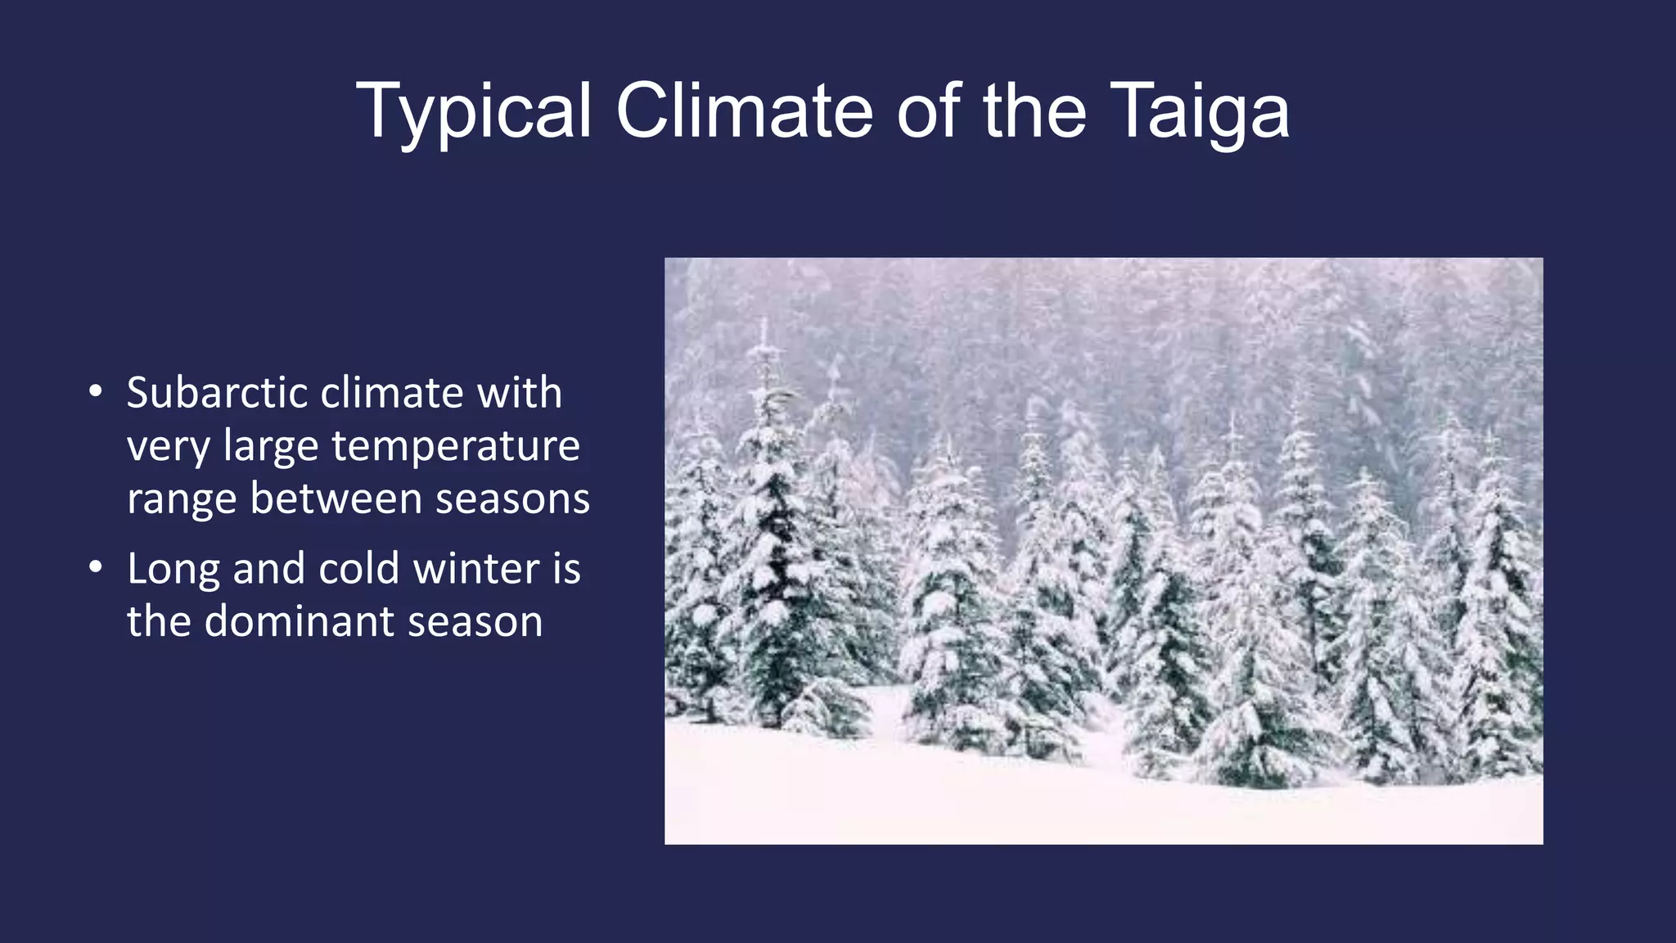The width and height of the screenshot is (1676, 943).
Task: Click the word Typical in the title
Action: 473,112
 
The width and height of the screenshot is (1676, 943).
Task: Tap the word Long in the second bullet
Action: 173,570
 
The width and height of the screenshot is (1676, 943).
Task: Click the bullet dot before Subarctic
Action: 96,391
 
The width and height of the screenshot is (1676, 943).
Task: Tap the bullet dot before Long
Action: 96,566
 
